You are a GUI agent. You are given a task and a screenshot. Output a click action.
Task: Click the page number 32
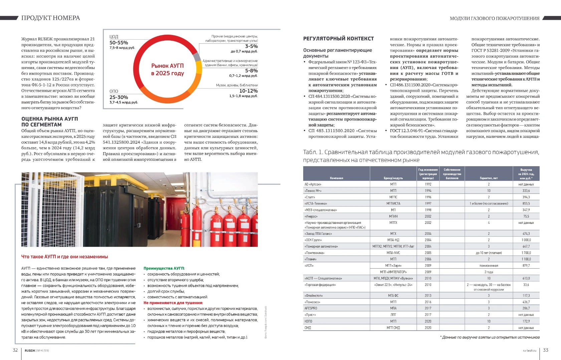(x=15, y=350)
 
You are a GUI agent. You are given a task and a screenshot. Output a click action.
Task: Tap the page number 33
(x=546, y=350)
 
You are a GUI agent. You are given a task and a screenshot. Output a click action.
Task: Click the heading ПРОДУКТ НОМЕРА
(x=50, y=18)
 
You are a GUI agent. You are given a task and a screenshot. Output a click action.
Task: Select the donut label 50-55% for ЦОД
(x=119, y=43)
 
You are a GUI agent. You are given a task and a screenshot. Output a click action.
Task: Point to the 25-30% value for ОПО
(x=119, y=97)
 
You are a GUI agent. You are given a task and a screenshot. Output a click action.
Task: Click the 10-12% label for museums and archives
(x=248, y=91)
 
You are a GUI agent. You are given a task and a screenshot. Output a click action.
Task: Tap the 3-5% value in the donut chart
(x=251, y=46)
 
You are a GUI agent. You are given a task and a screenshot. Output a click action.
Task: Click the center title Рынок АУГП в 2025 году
(x=167, y=69)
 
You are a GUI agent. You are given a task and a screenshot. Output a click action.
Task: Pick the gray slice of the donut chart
(x=197, y=57)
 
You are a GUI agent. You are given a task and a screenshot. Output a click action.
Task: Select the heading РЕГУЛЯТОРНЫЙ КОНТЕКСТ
(x=338, y=39)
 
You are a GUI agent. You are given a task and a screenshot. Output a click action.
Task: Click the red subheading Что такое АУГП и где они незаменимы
(x=64, y=257)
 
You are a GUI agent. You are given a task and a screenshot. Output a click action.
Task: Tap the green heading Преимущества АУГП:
(x=164, y=268)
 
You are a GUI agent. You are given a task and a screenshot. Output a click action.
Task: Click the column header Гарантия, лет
(x=489, y=178)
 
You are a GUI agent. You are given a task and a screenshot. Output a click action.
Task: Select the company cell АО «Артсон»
(x=313, y=184)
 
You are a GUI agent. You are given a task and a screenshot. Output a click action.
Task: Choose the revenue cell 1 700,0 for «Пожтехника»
(x=526, y=253)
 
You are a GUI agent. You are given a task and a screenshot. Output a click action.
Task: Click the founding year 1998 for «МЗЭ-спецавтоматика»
(x=428, y=210)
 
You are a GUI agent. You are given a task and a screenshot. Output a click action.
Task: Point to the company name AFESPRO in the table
(x=311, y=308)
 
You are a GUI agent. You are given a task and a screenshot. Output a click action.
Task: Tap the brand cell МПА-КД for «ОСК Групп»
(x=393, y=240)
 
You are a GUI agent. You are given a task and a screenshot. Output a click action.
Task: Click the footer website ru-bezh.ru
(x=529, y=351)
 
